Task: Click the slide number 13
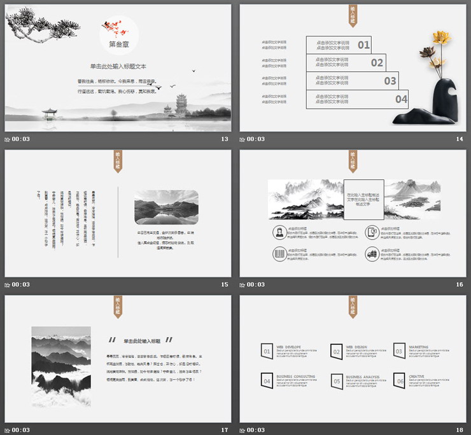[x=224, y=139]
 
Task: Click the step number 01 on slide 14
[x=363, y=45]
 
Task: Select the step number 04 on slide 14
[x=401, y=99]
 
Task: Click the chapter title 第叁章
[x=118, y=45]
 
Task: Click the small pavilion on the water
[x=49, y=113]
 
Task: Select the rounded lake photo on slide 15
[x=165, y=207]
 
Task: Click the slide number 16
[x=459, y=284]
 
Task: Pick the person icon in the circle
[x=279, y=231]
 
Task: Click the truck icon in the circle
[x=371, y=254]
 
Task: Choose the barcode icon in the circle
[x=279, y=254]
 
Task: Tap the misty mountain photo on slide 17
[x=62, y=366]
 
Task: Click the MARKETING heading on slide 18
[x=419, y=347]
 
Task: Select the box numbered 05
[x=337, y=381]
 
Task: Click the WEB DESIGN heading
[x=358, y=347]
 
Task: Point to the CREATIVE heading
[x=416, y=376]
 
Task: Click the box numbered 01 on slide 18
[x=267, y=351]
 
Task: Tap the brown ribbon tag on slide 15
[x=118, y=162]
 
